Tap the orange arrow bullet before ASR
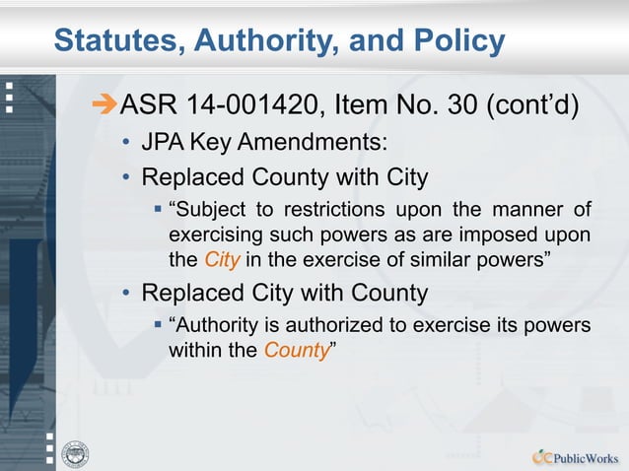point(103,102)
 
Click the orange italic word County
point(296,349)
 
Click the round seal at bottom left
point(76,453)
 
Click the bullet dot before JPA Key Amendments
point(126,144)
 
